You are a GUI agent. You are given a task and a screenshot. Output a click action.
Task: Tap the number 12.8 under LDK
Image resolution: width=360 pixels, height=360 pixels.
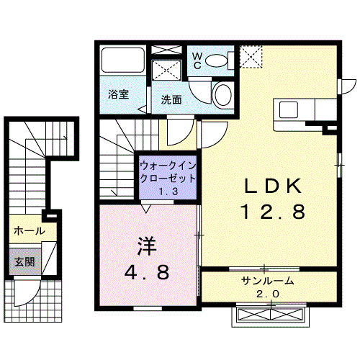coord(274,212)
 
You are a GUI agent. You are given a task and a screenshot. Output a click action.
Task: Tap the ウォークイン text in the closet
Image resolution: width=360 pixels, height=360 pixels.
coord(166,165)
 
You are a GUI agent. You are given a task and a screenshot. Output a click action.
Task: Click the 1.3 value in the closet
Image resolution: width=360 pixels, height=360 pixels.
coord(168,191)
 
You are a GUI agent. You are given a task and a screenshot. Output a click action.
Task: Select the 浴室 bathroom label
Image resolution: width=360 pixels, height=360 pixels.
coord(118,94)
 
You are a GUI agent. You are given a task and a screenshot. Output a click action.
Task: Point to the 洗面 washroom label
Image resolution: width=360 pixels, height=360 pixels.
coord(171,99)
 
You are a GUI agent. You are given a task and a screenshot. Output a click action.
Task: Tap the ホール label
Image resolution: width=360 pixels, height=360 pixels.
coord(30,231)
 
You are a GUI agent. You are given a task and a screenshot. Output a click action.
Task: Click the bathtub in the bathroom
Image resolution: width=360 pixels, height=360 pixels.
coord(123,62)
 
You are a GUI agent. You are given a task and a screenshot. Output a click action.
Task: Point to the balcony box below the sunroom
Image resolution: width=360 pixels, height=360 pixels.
coord(270,315)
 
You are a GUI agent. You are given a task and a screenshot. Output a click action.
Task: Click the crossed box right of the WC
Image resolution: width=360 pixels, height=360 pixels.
coord(250,56)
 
